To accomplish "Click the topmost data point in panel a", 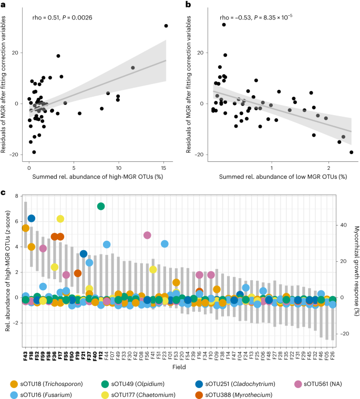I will click(166, 26).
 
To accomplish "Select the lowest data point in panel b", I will click(351, 152).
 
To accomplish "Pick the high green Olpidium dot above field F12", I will click(101, 206).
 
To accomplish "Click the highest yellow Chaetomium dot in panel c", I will click(60, 219).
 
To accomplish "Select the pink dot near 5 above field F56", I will click(147, 235).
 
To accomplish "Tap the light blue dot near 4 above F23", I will click(164, 243).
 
